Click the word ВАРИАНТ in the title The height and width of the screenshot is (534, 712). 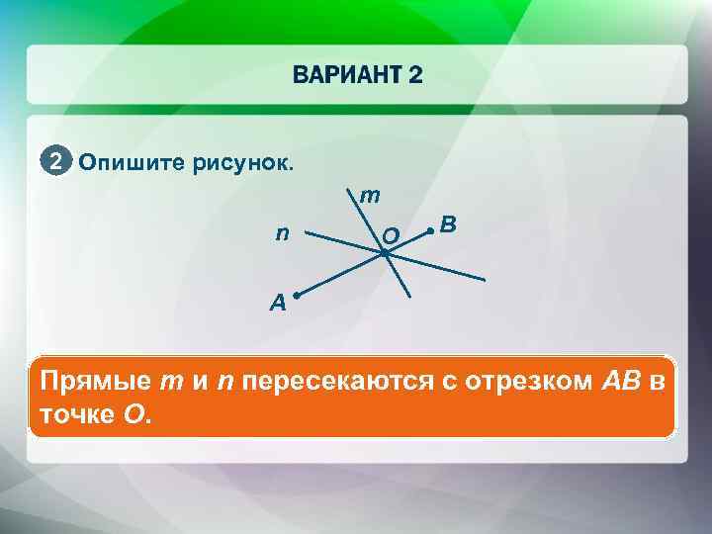coord(345,76)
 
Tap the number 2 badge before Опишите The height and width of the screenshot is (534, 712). coord(56,161)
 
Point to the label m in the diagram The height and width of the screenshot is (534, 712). coord(369,197)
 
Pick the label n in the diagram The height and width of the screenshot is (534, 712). coord(283,234)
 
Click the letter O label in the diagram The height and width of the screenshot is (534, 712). coord(390,235)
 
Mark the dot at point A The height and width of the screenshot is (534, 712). coord(296,294)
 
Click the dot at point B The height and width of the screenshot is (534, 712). coord(429,230)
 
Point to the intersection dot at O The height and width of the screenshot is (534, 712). coord(384,253)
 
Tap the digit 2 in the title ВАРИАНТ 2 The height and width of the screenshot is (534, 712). coord(413,76)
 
